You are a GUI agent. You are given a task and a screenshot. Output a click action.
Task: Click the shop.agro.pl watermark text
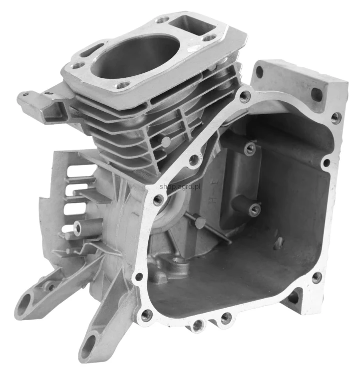180,187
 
